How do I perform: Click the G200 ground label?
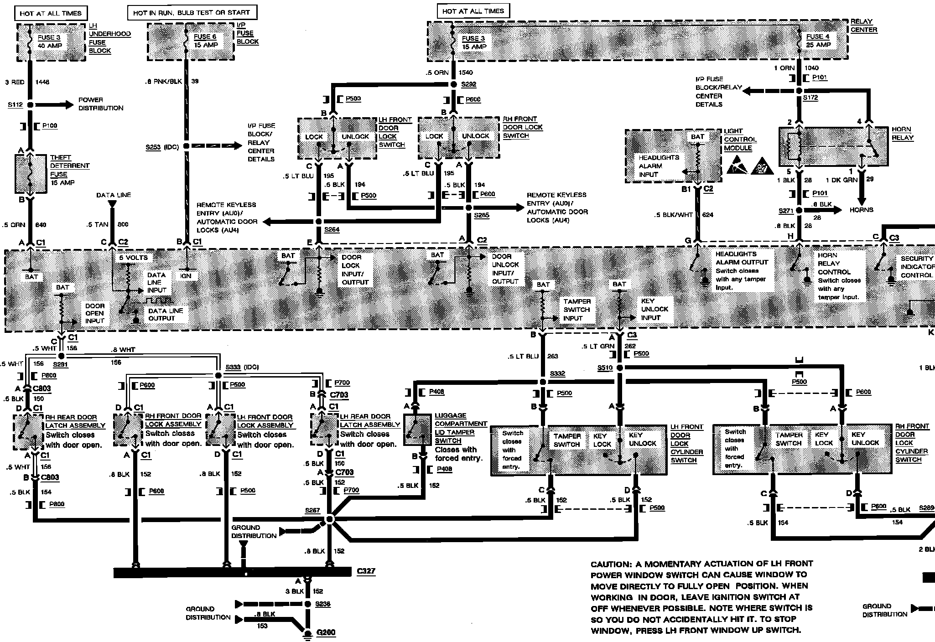tap(326, 633)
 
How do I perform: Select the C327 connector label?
tap(366, 571)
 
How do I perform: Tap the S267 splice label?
tap(312, 510)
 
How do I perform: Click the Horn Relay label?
tap(902, 134)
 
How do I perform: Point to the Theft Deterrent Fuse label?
tap(69, 170)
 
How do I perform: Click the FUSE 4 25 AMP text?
tap(818, 41)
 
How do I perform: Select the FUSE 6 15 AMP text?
tap(206, 41)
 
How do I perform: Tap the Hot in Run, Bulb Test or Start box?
tap(192, 13)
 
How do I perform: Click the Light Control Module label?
tap(740, 140)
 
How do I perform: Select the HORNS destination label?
tap(861, 210)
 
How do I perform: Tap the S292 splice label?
tap(468, 84)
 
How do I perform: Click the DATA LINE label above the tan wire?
tap(114, 195)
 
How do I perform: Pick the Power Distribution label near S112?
tap(100, 104)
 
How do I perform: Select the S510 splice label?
tap(605, 368)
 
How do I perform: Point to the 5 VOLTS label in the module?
tap(133, 258)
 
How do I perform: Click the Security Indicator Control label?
tap(916, 267)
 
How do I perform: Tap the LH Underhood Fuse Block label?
tap(109, 38)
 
